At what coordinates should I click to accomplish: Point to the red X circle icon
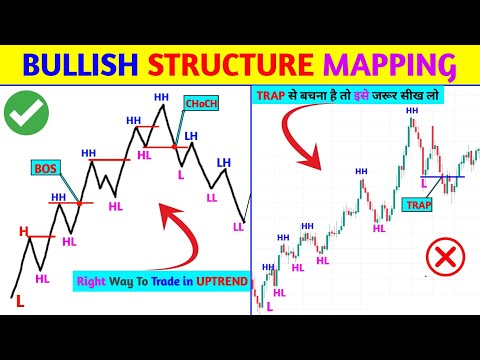pos(442,258)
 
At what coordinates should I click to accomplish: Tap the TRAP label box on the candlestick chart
pos(419,203)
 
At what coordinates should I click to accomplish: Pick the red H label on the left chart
pos(22,231)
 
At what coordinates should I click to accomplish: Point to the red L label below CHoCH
pos(181,174)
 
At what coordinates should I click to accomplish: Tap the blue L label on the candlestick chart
pos(424,183)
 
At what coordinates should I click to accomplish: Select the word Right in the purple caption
pos(90,283)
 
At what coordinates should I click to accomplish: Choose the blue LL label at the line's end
pos(236,228)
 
